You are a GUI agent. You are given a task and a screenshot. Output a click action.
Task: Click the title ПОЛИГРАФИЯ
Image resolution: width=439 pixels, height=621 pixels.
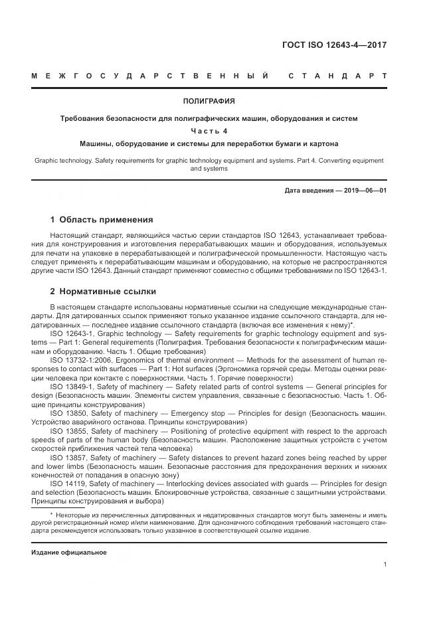click(x=209, y=101)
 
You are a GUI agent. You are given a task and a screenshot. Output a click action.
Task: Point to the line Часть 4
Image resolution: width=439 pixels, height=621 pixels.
click(x=209, y=131)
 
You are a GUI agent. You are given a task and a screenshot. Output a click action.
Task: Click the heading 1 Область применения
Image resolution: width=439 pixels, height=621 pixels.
click(x=102, y=220)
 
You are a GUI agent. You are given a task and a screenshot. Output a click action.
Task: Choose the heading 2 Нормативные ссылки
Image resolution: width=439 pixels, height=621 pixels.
click(x=104, y=292)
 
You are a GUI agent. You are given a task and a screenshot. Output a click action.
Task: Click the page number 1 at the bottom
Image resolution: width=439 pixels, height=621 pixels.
click(x=385, y=565)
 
